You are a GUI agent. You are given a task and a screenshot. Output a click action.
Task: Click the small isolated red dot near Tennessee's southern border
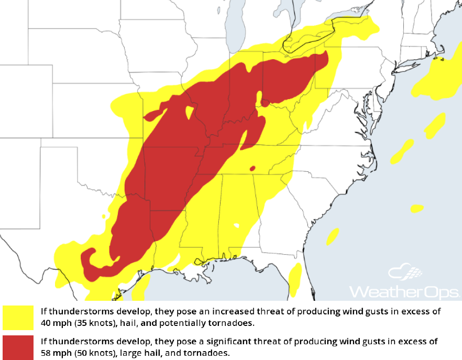click(252, 168)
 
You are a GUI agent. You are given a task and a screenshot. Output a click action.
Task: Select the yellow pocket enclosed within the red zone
click(189, 112)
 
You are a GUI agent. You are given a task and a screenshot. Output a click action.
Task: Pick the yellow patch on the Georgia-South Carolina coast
click(333, 236)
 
